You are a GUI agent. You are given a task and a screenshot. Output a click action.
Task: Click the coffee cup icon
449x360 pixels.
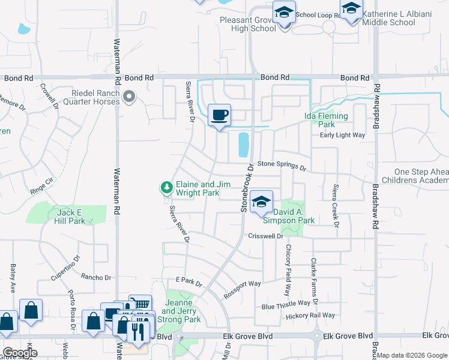pyautogui.click(x=219, y=114)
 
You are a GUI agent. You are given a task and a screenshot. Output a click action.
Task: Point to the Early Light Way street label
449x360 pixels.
pyautogui.click(x=342, y=135)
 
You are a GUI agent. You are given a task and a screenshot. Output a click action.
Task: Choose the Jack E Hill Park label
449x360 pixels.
pyautogui.click(x=71, y=217)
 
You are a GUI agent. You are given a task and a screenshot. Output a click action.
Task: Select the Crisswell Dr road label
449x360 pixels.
pyautogui.click(x=265, y=236)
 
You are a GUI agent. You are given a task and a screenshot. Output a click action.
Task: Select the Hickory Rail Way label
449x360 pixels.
pyautogui.click(x=310, y=316)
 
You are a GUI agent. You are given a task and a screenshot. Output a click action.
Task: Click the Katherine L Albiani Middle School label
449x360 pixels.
pyautogui.click(x=388, y=18)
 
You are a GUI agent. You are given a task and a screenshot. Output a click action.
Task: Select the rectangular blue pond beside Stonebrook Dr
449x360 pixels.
pyautogui.click(x=244, y=145)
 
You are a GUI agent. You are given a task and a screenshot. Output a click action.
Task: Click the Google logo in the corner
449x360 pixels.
pyautogui.click(x=19, y=353)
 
